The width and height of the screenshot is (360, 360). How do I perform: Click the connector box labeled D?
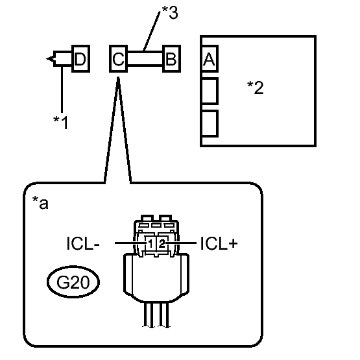click(x=80, y=59)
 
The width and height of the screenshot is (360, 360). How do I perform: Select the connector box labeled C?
click(x=118, y=59)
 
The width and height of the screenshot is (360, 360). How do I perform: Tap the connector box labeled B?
click(x=171, y=59)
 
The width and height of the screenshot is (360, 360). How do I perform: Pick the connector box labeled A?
click(x=210, y=59)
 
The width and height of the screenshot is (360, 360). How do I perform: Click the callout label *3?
click(x=170, y=12)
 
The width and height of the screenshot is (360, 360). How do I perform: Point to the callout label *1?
click(x=60, y=123)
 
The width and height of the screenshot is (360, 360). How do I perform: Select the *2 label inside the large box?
click(x=256, y=88)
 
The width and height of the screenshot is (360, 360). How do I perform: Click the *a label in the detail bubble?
click(x=40, y=202)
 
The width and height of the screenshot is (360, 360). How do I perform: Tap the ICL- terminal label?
click(x=83, y=243)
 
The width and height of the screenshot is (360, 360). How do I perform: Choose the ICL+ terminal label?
click(x=219, y=243)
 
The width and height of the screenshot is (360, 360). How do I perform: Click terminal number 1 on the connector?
click(x=150, y=244)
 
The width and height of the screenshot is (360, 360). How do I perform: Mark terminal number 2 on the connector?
click(x=162, y=244)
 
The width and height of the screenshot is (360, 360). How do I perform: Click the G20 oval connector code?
click(x=73, y=282)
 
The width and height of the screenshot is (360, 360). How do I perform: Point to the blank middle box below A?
click(x=210, y=91)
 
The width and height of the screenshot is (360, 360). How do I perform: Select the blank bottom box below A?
click(x=210, y=123)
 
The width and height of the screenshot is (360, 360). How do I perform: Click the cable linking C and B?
click(x=145, y=59)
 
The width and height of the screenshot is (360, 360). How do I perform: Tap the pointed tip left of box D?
click(x=47, y=59)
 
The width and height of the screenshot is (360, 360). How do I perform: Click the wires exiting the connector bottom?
click(x=156, y=315)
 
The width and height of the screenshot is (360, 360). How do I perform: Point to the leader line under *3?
click(x=152, y=31)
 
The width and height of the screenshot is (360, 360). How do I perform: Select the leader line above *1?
click(x=62, y=90)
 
